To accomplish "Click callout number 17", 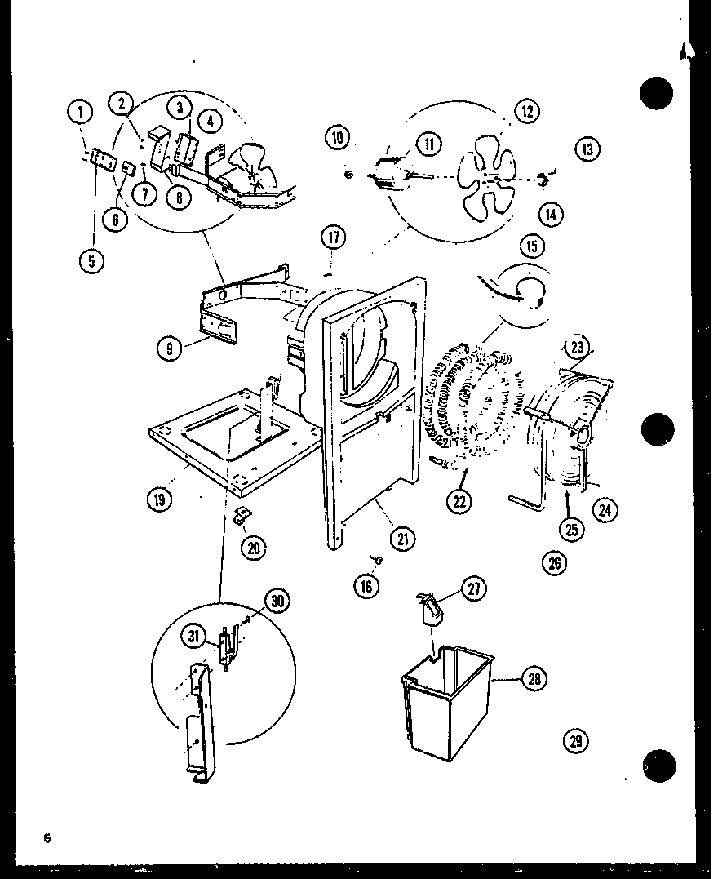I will tap(332, 238).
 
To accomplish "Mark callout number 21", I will tap(402, 538).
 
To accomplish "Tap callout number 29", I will tap(575, 741).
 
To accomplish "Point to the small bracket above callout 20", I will tap(242, 514).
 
